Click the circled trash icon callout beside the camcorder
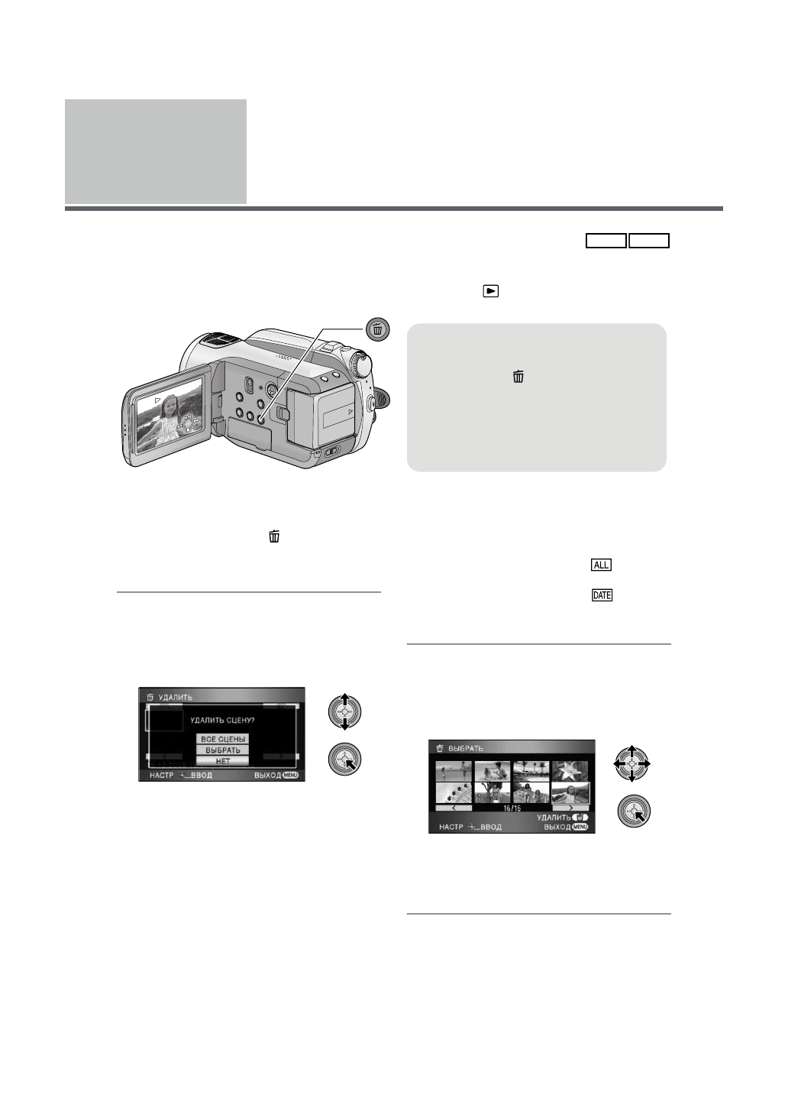pyautogui.click(x=378, y=329)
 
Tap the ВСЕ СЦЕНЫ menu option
pyautogui.click(x=223, y=740)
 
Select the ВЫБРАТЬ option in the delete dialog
pyautogui.click(x=223, y=750)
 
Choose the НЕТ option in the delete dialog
pyautogui.click(x=223, y=761)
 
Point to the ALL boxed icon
pyautogui.click(x=602, y=565)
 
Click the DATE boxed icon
pyautogui.click(x=602, y=595)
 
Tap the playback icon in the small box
pyautogui.click(x=491, y=291)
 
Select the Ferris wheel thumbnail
pyautogui.click(x=454, y=793)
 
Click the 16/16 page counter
pyautogui.click(x=512, y=808)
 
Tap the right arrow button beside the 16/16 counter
pyautogui.click(x=570, y=808)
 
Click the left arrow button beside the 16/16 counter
pyautogui.click(x=454, y=808)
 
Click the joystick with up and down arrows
pyautogui.click(x=344, y=712)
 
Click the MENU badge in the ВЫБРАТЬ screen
pyautogui.click(x=580, y=827)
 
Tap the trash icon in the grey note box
pyautogui.click(x=518, y=376)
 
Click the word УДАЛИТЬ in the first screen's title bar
pyautogui.click(x=175, y=698)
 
